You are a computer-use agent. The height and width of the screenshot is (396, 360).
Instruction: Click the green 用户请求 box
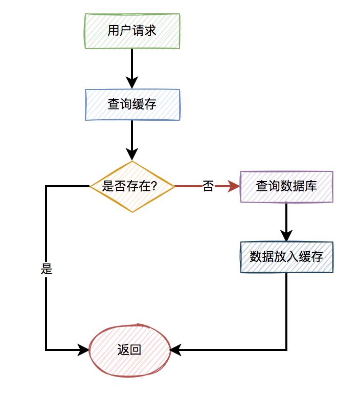tap(132, 31)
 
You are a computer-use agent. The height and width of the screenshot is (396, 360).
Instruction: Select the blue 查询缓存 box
tap(132, 104)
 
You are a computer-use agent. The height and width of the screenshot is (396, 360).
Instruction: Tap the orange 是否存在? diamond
tap(132, 187)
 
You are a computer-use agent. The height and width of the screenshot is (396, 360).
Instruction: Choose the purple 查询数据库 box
tap(286, 187)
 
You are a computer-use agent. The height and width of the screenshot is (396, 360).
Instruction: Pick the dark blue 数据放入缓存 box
tap(286, 257)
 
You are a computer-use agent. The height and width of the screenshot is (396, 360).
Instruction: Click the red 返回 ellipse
tap(130, 350)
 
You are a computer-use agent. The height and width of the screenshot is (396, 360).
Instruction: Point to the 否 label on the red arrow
tap(208, 186)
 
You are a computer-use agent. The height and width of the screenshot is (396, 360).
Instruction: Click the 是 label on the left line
tap(47, 269)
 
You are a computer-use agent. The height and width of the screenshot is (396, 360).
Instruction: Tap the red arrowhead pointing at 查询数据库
tap(234, 186)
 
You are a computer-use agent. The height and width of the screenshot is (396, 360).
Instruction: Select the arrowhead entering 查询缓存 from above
tap(132, 82)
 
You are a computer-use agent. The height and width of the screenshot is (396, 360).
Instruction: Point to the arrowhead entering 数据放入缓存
tap(286, 236)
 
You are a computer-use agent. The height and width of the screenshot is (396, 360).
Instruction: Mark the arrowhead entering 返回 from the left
tap(83, 350)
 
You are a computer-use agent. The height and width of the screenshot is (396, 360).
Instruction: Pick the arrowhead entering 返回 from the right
tap(175, 350)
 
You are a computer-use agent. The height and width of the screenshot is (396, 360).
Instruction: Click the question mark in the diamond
tap(153, 186)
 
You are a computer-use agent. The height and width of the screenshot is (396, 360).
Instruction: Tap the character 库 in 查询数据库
tap(311, 186)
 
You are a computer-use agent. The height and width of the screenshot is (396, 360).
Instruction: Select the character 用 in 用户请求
tap(114, 31)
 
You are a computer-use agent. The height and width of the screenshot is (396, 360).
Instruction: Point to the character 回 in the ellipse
tap(136, 350)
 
